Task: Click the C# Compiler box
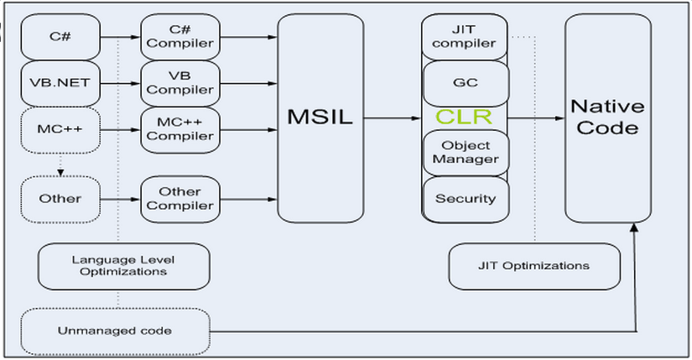pyautogui.click(x=180, y=37)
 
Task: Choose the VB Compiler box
pyautogui.click(x=180, y=83)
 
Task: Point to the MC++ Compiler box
pyautogui.click(x=180, y=130)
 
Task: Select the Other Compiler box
pyautogui.click(x=180, y=199)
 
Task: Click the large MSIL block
pyautogui.click(x=320, y=118)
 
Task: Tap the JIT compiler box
pyautogui.click(x=466, y=37)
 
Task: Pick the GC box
pyautogui.click(x=466, y=83)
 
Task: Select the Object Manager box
pyautogui.click(x=466, y=153)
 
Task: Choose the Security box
pyautogui.click(x=466, y=199)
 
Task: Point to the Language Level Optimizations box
pyautogui.click(x=124, y=266)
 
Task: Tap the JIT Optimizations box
pyautogui.click(x=534, y=266)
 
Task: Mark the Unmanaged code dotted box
pyautogui.click(x=115, y=331)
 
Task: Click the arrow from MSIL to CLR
pyautogui.click(x=393, y=118)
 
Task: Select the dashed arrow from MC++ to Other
pyautogui.click(x=60, y=164)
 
